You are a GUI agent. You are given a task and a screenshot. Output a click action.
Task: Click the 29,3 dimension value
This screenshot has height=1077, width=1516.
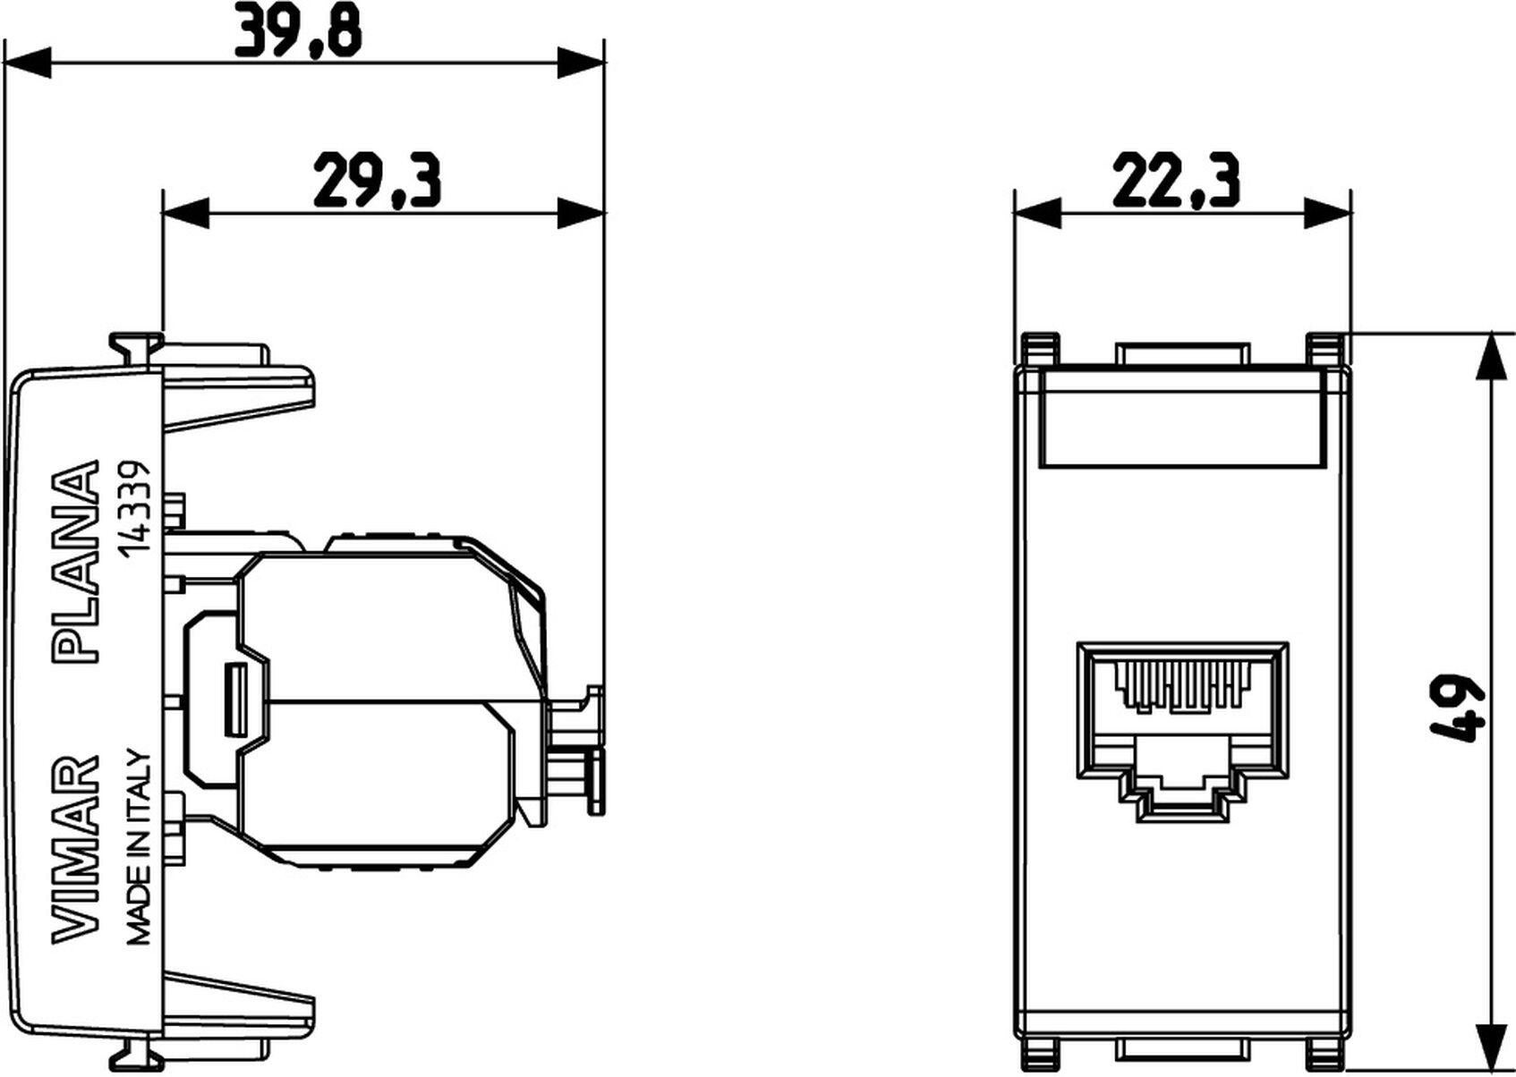(x=376, y=182)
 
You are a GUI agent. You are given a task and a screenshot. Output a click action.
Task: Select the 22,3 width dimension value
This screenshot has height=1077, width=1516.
(x=1176, y=182)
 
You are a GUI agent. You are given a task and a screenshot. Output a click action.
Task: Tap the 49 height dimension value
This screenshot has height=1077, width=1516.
(x=1456, y=707)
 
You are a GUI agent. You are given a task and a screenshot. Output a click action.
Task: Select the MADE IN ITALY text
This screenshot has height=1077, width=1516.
(x=139, y=846)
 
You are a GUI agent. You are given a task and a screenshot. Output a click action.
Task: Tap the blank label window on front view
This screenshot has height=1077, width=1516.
(x=1180, y=420)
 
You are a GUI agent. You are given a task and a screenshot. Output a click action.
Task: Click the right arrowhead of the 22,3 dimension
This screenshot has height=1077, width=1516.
(x=1328, y=213)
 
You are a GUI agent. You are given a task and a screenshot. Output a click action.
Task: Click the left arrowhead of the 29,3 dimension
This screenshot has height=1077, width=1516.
(x=183, y=213)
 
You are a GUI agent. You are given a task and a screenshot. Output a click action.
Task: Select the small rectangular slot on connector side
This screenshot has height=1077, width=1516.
(x=235, y=699)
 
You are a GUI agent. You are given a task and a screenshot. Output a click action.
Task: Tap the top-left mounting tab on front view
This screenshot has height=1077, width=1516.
(x=1039, y=349)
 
